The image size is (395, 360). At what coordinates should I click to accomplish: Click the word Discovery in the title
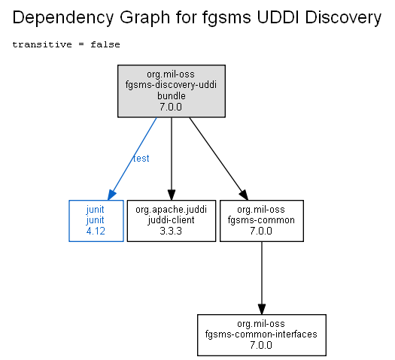(343, 18)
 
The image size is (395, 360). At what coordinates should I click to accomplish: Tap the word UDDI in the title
(278, 17)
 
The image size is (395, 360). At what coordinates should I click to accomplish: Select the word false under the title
(105, 44)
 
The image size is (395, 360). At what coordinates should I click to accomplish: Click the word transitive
(42, 44)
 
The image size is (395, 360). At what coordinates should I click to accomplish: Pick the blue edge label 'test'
(141, 159)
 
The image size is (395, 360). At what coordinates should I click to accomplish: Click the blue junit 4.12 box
(96, 221)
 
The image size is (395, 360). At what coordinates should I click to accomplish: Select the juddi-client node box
(172, 221)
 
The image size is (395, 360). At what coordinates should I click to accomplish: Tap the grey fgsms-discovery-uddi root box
(172, 91)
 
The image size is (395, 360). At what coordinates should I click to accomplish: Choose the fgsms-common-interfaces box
(262, 335)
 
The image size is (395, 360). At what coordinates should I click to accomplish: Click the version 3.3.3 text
(171, 231)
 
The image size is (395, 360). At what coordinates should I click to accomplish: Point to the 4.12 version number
(96, 231)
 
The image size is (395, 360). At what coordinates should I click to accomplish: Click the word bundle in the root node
(172, 96)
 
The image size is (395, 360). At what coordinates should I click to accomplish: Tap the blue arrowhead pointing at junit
(111, 195)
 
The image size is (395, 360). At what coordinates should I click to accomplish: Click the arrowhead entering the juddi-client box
(172, 195)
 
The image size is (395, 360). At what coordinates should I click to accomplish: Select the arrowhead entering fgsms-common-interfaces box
(262, 309)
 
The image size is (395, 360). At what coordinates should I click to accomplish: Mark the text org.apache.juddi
(171, 210)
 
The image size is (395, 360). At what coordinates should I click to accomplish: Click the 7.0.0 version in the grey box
(171, 107)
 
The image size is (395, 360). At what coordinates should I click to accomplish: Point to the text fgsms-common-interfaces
(261, 334)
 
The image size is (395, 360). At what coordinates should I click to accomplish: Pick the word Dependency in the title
(63, 18)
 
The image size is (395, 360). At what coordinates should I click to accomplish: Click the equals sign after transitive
(81, 44)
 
